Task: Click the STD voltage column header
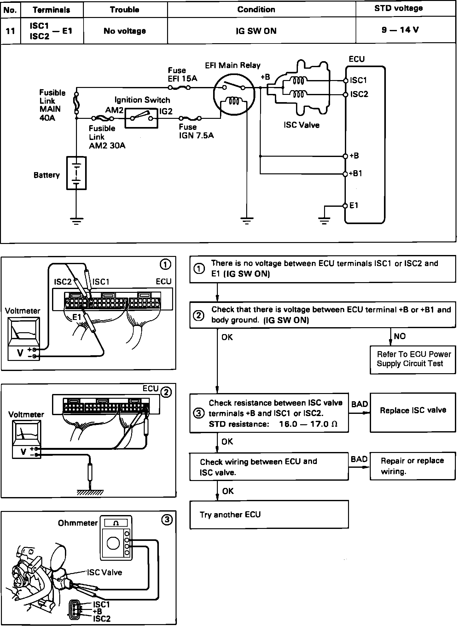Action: (x=398, y=9)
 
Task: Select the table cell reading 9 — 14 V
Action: (x=400, y=30)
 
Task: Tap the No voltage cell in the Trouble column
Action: (x=125, y=31)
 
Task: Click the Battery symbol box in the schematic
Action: (x=76, y=173)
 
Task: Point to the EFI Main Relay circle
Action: (x=234, y=95)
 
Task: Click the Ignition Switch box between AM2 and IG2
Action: (x=141, y=118)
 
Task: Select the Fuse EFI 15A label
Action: (x=182, y=75)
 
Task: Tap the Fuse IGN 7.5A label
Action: (x=196, y=131)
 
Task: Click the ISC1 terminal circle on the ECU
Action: (x=346, y=81)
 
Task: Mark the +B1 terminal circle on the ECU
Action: (x=346, y=174)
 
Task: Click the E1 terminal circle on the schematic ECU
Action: (x=345, y=206)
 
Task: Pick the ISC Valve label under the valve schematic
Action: (x=301, y=125)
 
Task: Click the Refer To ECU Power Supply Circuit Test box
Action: (x=413, y=359)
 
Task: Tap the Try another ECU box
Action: (x=269, y=515)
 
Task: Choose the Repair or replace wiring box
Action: (x=413, y=466)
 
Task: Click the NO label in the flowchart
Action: (x=399, y=336)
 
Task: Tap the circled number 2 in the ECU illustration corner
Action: (x=166, y=392)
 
